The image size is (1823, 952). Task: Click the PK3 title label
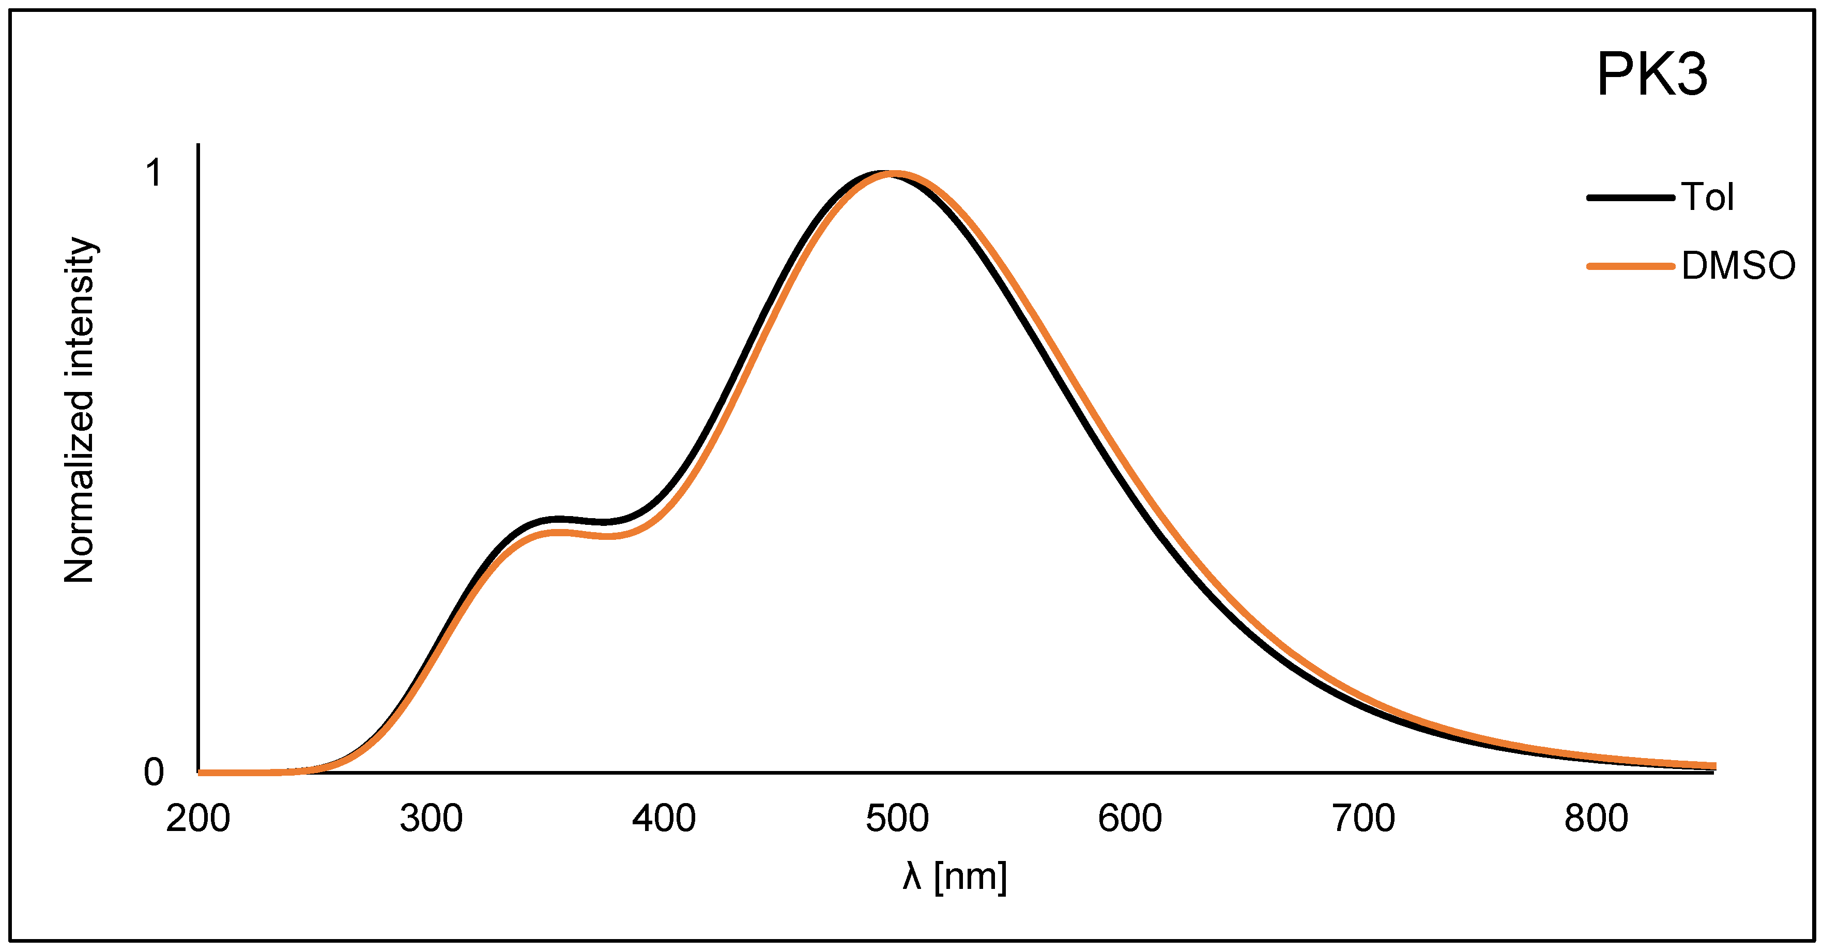[1652, 75]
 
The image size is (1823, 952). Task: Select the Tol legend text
[1708, 198]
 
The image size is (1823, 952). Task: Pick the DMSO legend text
[1738, 266]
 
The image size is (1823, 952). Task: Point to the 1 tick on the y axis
[154, 173]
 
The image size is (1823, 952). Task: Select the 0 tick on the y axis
[154, 772]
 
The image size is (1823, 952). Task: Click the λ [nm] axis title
[955, 877]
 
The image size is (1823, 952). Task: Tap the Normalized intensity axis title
[79, 410]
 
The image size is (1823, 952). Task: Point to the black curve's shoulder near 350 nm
[559, 520]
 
